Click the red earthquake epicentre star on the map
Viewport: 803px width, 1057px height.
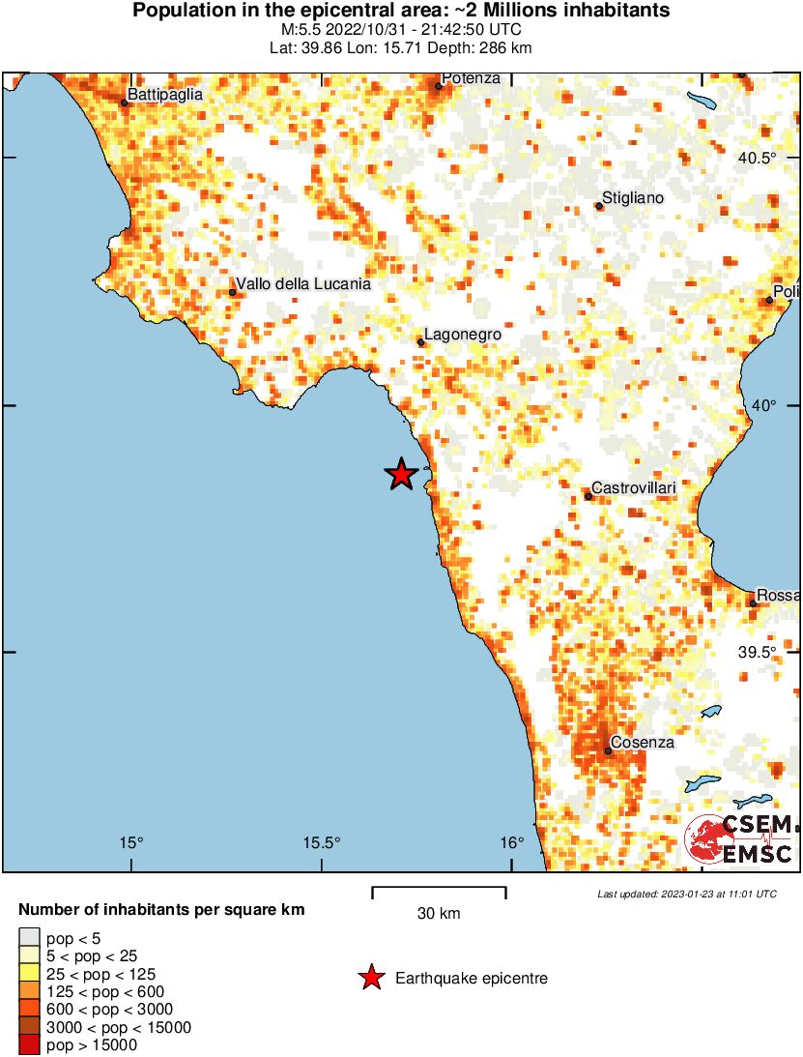pos(401,474)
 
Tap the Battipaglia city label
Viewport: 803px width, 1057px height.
pos(164,95)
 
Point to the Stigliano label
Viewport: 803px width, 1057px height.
pos(634,198)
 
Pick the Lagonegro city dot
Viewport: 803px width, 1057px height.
pos(420,342)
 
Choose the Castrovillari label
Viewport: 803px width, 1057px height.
pos(633,488)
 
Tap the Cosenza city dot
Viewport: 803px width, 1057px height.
pos(608,750)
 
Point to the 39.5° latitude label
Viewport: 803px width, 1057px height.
pos(758,652)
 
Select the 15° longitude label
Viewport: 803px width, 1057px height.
pos(131,842)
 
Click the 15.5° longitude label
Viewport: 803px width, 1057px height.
pos(321,842)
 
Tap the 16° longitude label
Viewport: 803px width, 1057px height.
pos(512,842)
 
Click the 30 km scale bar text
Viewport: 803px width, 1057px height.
pos(439,914)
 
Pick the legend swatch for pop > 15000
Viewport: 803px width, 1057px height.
pos(30,1044)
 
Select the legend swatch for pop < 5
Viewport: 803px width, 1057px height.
pos(30,936)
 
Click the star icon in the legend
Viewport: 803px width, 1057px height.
pos(370,979)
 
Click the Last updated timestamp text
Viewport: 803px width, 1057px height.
pos(687,894)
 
